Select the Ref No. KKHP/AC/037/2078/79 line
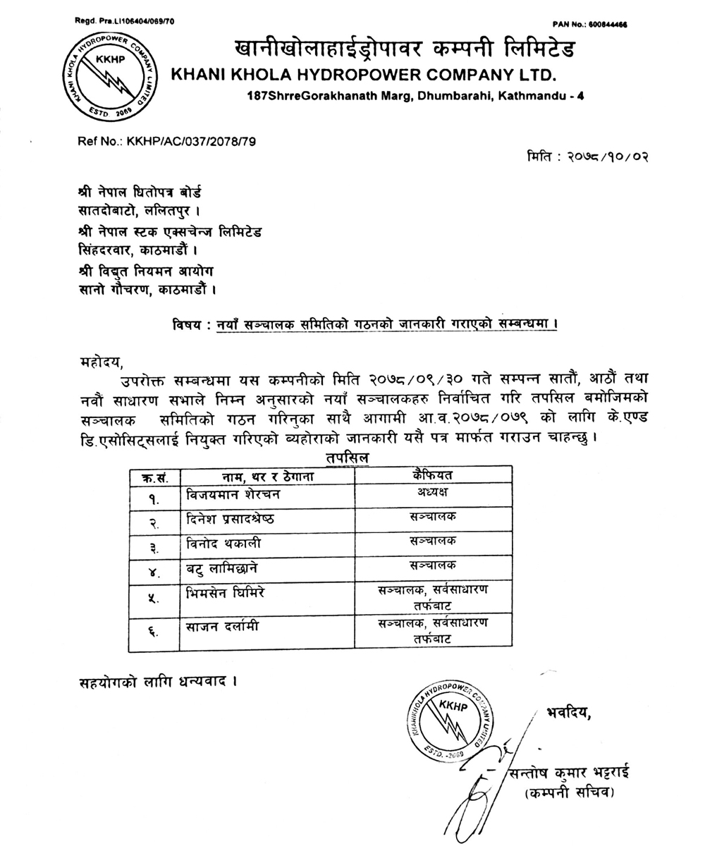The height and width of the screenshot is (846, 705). [x=166, y=142]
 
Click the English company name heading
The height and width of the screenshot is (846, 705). [x=364, y=75]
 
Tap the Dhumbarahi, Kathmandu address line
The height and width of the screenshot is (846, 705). [x=415, y=96]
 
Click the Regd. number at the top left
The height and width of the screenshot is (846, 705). [x=124, y=21]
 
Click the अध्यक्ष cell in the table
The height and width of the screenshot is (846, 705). [x=432, y=492]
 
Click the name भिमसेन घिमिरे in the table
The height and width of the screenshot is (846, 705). [x=226, y=593]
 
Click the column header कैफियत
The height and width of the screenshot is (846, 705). [x=432, y=475]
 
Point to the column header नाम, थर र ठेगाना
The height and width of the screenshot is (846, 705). [x=268, y=477]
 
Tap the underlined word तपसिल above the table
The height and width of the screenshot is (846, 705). [x=346, y=458]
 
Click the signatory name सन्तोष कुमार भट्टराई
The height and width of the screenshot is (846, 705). [x=570, y=773]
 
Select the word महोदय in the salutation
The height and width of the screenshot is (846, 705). [x=101, y=363]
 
